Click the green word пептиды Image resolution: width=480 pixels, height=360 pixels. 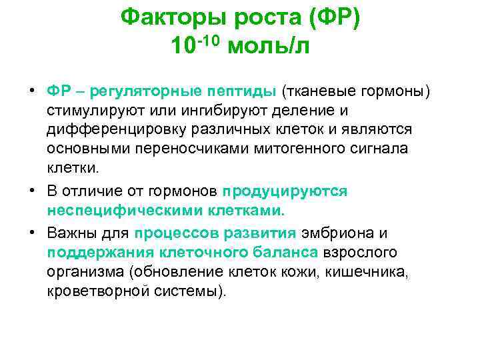coord(244,89)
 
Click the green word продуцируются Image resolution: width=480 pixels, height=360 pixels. coord(285,191)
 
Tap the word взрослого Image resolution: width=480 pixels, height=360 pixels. coord(360,252)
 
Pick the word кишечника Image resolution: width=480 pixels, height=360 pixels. coord(393,271)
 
